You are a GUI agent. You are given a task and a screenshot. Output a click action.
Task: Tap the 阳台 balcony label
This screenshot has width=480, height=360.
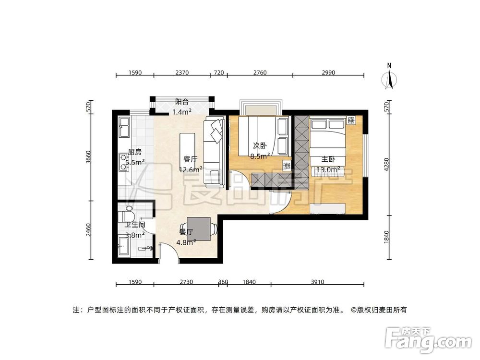[181, 102]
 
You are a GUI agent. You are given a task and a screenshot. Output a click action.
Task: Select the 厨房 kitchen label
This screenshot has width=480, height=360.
[134, 152]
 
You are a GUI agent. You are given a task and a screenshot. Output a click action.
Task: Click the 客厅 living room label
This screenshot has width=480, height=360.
[191, 159]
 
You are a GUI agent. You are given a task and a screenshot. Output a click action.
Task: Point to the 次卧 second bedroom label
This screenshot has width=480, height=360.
[260, 145]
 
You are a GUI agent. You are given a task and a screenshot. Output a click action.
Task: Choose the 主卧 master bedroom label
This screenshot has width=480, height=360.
[328, 160]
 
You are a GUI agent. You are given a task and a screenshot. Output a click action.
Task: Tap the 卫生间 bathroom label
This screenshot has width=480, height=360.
[135, 225]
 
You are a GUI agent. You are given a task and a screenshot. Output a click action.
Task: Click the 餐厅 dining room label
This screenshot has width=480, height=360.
[186, 232]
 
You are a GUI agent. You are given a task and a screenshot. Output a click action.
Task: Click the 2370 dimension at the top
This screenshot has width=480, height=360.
[182, 73]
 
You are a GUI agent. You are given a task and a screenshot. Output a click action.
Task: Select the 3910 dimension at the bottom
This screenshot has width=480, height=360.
[317, 282]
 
